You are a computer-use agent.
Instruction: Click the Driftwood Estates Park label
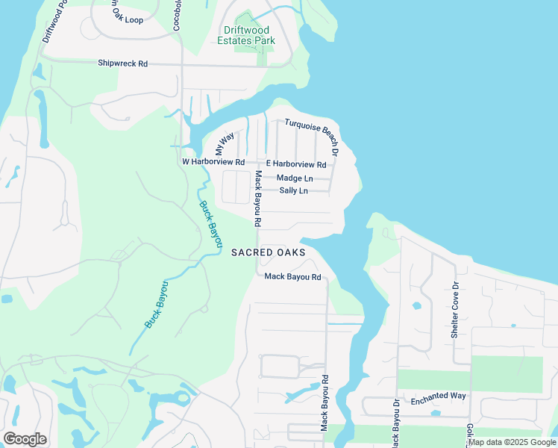[x=245, y=35]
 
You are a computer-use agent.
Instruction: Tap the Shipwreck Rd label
[x=123, y=63]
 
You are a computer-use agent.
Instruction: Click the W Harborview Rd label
[x=213, y=161]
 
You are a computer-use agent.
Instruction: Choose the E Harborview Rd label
[x=296, y=164]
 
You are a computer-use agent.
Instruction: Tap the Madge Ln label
[x=294, y=178]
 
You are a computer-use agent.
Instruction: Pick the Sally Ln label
[x=293, y=190]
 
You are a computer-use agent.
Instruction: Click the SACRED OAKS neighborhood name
[x=268, y=252]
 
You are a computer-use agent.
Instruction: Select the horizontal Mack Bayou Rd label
[x=292, y=277]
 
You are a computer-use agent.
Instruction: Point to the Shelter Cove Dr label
[x=454, y=310]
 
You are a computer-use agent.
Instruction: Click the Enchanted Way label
[x=438, y=396]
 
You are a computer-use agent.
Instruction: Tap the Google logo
[x=25, y=439]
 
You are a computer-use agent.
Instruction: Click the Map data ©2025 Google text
[x=512, y=443]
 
